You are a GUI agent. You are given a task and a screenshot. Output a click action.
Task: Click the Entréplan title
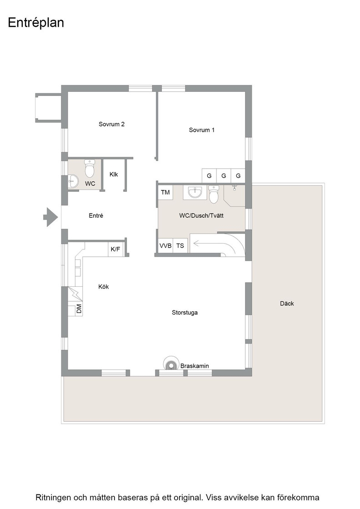pos(36,23)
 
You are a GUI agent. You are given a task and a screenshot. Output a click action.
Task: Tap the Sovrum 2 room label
pos(112,124)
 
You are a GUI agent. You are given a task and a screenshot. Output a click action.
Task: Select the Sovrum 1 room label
pos(201,130)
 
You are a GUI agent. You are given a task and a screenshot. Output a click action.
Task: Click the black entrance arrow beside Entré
pos(50,217)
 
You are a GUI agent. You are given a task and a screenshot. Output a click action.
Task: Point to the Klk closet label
pos(114,175)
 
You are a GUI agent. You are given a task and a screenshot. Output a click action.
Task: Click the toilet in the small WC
pos(89,168)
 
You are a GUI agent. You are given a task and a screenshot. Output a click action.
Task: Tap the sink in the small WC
pos(73,181)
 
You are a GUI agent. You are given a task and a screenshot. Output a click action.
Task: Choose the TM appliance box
pos(165,193)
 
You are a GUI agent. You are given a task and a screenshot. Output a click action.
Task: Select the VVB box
pos(165,246)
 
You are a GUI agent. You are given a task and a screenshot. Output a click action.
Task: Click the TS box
pos(180,246)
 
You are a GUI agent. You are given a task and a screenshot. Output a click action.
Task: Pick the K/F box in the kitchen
pos(115,250)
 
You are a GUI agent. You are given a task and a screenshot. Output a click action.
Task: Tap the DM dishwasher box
pos(79,309)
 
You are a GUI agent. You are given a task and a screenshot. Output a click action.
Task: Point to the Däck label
pos(287,304)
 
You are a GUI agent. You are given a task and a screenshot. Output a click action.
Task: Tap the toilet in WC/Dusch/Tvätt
pos(213,194)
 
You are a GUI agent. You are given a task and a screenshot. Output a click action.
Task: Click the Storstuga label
pos(185,313)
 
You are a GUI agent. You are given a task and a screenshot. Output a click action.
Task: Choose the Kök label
pos(104,287)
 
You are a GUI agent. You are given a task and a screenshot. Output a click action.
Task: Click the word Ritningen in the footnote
pos(53,498)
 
